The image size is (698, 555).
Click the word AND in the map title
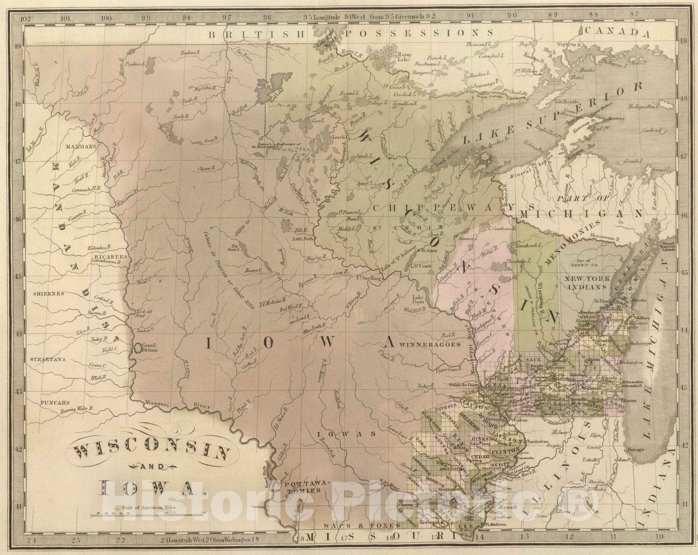(154, 467)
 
